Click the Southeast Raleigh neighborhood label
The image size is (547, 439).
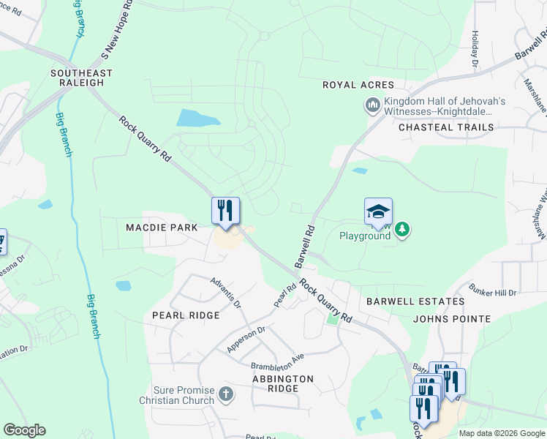click(81, 78)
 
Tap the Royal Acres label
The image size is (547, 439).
click(358, 86)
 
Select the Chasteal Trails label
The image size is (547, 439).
click(446, 127)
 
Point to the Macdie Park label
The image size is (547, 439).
click(162, 228)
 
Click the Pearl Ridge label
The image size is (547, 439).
click(186, 315)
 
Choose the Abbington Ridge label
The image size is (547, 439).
click(283, 383)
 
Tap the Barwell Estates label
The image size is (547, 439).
click(415, 301)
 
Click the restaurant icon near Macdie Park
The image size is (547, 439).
click(226, 211)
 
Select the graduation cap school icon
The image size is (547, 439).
click(378, 211)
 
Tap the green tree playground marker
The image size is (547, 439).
click(401, 230)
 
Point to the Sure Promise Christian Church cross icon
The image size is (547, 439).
click(226, 394)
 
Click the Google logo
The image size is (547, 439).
click(24, 430)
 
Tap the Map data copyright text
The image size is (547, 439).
click(502, 433)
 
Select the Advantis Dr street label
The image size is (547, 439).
click(225, 291)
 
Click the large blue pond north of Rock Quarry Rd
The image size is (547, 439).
click(198, 118)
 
